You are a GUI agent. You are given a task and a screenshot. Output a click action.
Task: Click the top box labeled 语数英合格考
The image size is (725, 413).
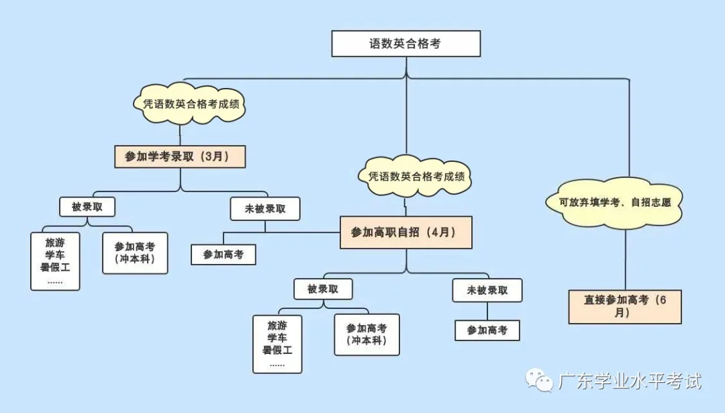point(406,44)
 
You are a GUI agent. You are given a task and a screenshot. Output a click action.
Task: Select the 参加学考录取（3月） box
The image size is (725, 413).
point(181,156)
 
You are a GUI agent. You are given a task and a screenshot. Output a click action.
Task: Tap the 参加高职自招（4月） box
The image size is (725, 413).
point(405,232)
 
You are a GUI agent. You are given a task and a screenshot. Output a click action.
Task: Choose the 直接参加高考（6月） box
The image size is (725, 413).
point(624,306)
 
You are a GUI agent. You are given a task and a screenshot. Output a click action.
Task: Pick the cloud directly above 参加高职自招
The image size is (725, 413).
point(416,177)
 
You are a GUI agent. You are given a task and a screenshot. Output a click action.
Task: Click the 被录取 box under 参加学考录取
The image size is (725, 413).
point(87,207)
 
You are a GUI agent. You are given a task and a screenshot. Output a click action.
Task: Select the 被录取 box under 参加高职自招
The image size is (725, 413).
point(322,289)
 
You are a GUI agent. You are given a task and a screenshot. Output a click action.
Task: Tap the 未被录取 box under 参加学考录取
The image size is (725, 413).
point(264,209)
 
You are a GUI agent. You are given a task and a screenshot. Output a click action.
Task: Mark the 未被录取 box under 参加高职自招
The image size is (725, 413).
point(487,290)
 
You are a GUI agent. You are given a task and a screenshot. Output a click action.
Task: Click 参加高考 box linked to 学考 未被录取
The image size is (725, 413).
point(224,255)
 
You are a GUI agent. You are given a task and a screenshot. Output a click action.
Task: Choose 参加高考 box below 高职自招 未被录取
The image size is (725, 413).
point(487,330)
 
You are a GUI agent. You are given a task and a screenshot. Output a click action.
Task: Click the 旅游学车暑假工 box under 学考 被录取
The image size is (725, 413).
point(55,261)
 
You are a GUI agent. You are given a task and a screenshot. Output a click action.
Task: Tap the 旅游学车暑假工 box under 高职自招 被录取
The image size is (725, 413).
point(277,344)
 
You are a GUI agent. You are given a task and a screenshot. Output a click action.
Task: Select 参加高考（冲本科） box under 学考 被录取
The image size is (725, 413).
point(135,253)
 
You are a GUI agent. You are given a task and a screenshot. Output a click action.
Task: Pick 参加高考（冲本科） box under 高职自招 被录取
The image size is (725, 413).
point(367,334)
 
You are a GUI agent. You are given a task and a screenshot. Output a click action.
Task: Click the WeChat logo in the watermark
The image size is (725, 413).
point(539,381)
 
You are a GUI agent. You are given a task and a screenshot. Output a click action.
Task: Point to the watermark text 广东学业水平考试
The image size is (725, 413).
point(630,381)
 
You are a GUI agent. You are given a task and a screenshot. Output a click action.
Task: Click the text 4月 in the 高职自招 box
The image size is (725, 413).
point(442,232)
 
